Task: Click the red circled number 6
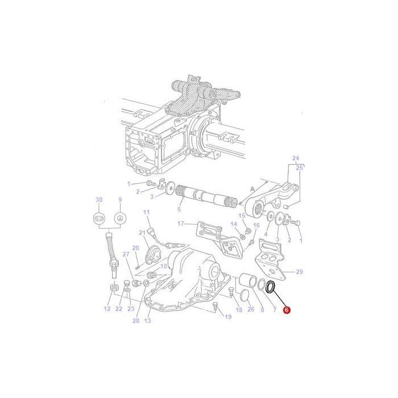coord(287,311)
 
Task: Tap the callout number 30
coord(99,200)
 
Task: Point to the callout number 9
coord(120,200)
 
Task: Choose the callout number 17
coord(180,223)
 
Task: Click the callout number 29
coord(300,272)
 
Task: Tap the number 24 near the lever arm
coord(296,158)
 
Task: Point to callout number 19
coord(228,317)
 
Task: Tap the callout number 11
coord(146,212)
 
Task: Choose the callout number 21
coord(142,233)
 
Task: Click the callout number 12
coord(107,309)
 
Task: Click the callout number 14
coord(234,225)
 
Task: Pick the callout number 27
coord(126,254)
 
